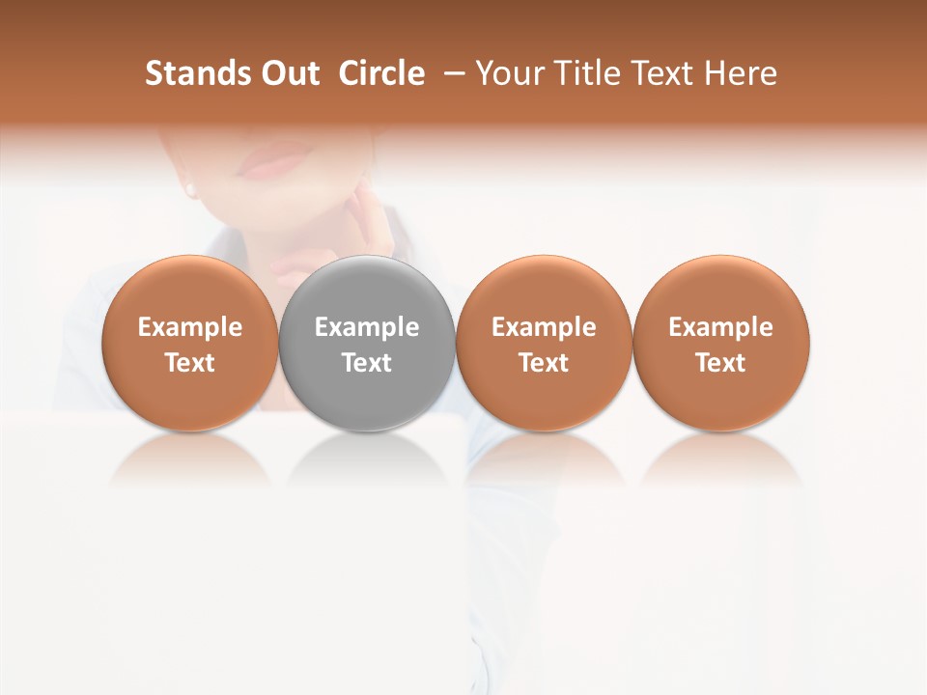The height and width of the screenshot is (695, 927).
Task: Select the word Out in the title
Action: tap(289, 73)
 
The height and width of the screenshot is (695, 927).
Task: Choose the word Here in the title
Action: tap(743, 73)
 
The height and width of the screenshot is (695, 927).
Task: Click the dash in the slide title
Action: tap(451, 73)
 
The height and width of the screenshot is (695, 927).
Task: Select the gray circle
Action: tap(367, 344)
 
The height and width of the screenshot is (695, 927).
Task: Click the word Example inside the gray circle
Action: tap(367, 327)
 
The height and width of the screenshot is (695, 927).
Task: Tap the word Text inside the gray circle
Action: tap(367, 363)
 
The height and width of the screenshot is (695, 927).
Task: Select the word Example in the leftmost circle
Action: tap(190, 327)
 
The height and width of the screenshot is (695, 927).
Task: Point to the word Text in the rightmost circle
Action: tap(721, 363)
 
